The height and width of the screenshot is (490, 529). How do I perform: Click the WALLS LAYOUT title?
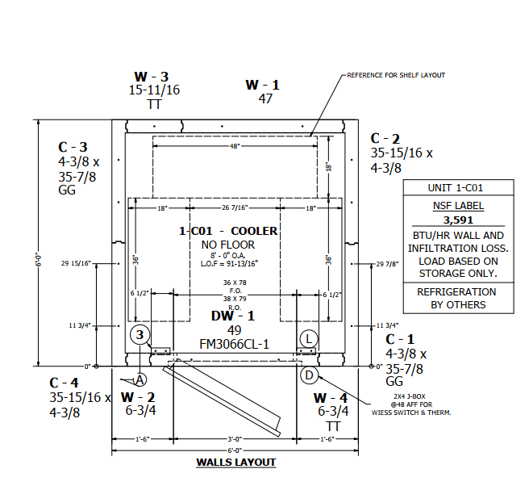[x=236, y=462]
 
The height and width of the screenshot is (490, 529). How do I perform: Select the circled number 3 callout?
[x=140, y=335]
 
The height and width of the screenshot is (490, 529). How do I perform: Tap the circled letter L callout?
[x=309, y=338]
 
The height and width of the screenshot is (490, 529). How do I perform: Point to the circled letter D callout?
[x=310, y=375]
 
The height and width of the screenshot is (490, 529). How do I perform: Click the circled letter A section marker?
[x=140, y=380]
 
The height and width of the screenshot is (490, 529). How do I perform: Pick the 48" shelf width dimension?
[x=235, y=146]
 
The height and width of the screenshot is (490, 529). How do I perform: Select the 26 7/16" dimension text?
[x=235, y=207]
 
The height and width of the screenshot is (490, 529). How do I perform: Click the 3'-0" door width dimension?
[x=235, y=439]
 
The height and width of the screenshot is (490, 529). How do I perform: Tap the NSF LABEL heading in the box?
[x=459, y=205]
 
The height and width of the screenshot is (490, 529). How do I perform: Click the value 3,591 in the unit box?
[x=459, y=220]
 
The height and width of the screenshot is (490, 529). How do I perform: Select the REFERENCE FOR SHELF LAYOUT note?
[x=396, y=75]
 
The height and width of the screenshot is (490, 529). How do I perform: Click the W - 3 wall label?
[x=152, y=77]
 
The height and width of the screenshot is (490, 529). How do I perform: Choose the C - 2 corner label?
[x=385, y=139]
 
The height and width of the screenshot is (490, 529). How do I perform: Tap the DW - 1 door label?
[x=233, y=316]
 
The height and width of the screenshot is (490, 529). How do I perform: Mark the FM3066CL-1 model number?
[x=234, y=344]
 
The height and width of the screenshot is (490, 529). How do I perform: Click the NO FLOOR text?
[x=228, y=245]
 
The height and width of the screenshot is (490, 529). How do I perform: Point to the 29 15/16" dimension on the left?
[x=77, y=263]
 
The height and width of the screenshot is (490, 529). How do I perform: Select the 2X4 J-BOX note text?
[x=410, y=396]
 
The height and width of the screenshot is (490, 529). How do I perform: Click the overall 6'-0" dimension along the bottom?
[x=235, y=450]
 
